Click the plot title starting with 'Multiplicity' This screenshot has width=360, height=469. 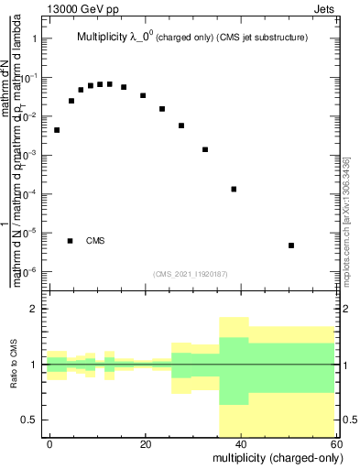pos(191,38)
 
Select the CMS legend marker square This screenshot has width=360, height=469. pos(71,241)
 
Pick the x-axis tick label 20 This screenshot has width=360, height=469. pos(145,443)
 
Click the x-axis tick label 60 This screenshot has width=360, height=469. pos(335,443)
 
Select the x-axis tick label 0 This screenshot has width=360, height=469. pos(49,443)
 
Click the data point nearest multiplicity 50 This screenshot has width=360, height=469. pos(290,245)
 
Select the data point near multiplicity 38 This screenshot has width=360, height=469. pos(234,190)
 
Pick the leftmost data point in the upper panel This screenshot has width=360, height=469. pos(57,130)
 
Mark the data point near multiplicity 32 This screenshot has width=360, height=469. pos(205,149)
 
